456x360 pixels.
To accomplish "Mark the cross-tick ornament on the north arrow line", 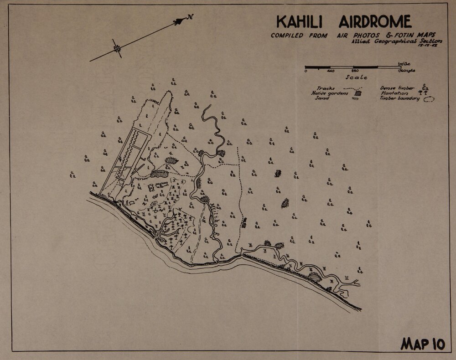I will (x=118, y=48).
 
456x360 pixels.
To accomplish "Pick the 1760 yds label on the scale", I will (x=406, y=71).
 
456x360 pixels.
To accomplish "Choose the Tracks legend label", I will (x=326, y=88).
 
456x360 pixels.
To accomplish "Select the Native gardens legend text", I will (x=329, y=93).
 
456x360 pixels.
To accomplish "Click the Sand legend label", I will (x=322, y=98).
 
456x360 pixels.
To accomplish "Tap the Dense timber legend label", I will (x=397, y=88).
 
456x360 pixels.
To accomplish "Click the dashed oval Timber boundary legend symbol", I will (x=429, y=98).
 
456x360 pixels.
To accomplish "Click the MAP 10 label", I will (x=422, y=344).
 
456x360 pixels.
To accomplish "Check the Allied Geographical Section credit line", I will (x=397, y=41).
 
